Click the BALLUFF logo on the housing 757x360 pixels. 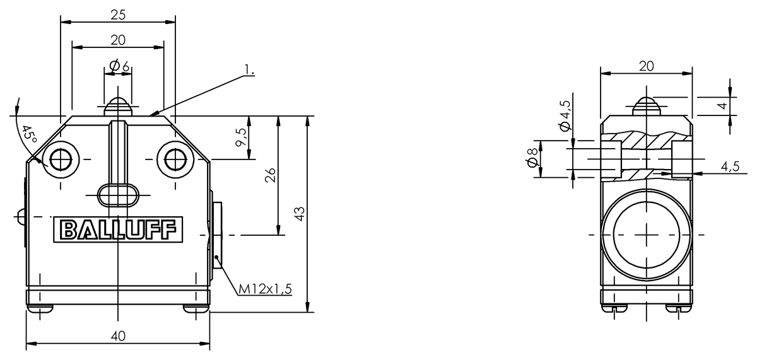[x=119, y=229]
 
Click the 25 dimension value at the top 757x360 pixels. [x=118, y=15]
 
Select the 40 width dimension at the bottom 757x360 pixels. [x=118, y=336]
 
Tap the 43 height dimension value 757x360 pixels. [x=300, y=214]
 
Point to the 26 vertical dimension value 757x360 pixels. [x=270, y=175]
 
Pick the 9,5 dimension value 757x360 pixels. [x=241, y=137]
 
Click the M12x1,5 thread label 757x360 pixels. [x=265, y=289]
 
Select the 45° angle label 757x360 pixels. [x=29, y=134]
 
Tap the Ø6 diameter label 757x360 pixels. [x=120, y=66]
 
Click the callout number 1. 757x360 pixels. [x=249, y=69]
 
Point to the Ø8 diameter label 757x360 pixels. [x=532, y=158]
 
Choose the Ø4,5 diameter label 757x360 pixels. [x=565, y=115]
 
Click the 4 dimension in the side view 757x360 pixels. [x=722, y=106]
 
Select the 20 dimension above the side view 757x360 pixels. [x=646, y=66]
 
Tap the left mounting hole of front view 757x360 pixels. [x=61, y=159]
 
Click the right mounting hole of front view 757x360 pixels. [x=175, y=159]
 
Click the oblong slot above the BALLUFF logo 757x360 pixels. [x=118, y=195]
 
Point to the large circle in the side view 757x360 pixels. [x=646, y=235]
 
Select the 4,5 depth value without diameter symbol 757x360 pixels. [x=730, y=166]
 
